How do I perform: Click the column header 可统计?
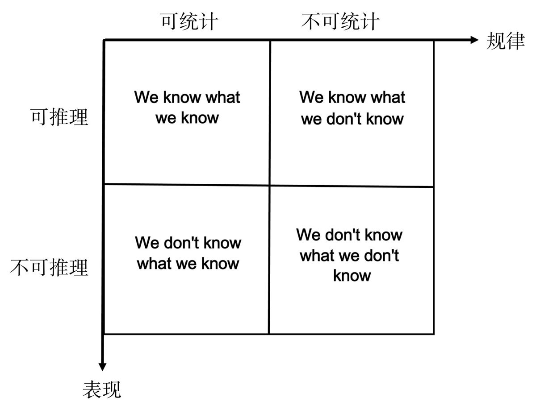190,21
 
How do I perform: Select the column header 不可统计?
340,21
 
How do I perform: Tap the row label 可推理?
59,117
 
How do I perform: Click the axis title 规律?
505,41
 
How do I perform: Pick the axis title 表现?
102,389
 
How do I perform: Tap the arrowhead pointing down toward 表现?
103,366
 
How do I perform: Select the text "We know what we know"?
187,108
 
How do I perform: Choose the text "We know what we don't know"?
352,108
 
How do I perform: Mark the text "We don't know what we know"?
188,253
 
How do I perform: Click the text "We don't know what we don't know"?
350,255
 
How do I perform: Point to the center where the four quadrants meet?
269,185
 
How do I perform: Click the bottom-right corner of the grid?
433,333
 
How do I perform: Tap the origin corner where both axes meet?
104,40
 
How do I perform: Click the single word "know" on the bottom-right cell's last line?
352,276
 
